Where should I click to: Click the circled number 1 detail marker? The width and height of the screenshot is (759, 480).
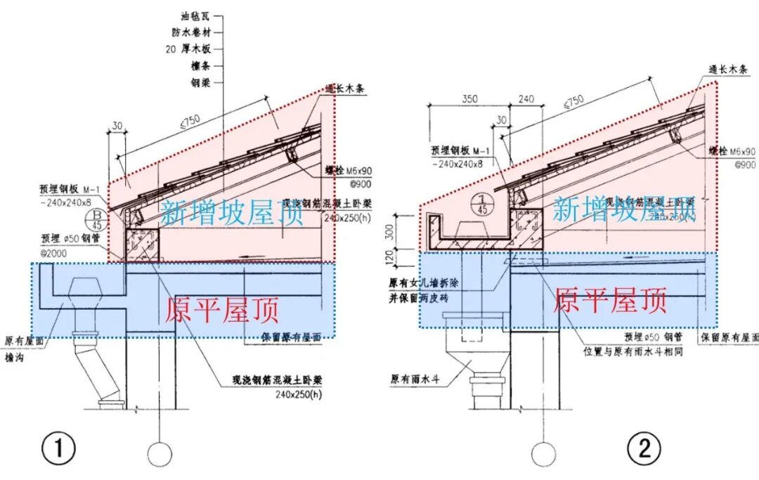(x=58, y=448)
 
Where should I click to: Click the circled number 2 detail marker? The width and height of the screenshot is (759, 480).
(x=644, y=448)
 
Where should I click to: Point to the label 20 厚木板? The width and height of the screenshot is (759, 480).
(x=188, y=49)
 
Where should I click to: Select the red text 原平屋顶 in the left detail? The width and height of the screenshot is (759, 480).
(x=222, y=310)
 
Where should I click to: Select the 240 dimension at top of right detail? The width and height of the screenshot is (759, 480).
(x=526, y=100)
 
